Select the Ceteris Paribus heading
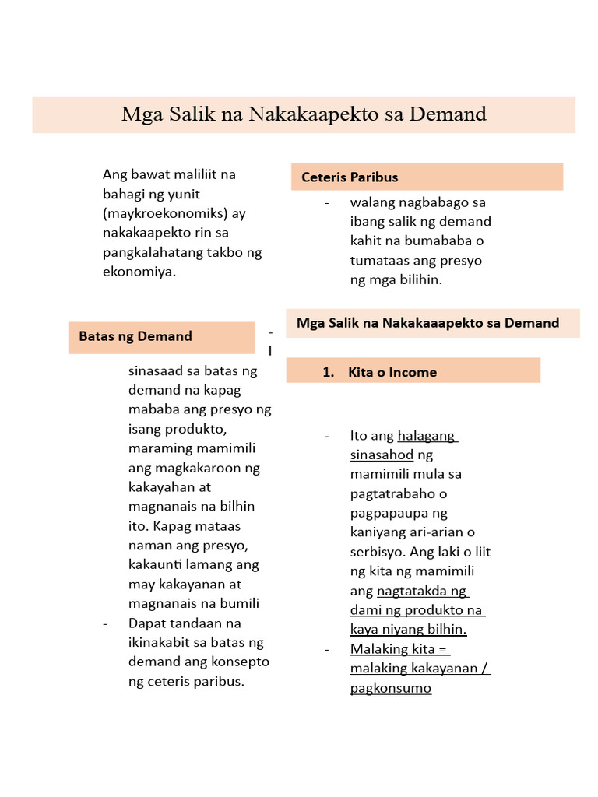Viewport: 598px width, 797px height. click(350, 177)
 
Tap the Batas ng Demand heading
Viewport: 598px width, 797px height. click(135, 336)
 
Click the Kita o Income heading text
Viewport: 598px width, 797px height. click(392, 372)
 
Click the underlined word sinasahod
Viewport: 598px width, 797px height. click(382, 455)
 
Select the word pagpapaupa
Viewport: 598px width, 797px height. click(388, 513)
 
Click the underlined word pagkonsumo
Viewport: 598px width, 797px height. click(390, 688)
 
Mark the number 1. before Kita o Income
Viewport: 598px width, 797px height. click(328, 372)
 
